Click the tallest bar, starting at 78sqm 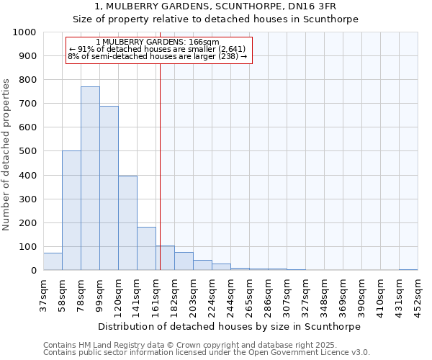90,179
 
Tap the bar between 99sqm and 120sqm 109,188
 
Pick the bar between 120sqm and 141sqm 127,223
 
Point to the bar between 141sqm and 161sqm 146,248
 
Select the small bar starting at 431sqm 408,269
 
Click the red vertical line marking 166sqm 160,166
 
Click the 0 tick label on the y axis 34,271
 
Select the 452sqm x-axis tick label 418,296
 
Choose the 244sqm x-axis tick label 230,296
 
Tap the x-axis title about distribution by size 230,326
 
